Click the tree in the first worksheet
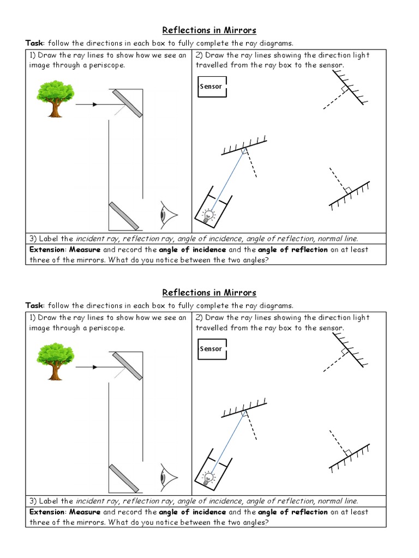click(55, 98)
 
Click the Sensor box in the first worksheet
click(211, 87)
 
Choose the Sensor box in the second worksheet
click(211, 349)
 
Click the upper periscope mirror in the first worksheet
click(128, 103)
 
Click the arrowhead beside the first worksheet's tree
click(95, 105)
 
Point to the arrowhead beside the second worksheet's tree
click(95, 367)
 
